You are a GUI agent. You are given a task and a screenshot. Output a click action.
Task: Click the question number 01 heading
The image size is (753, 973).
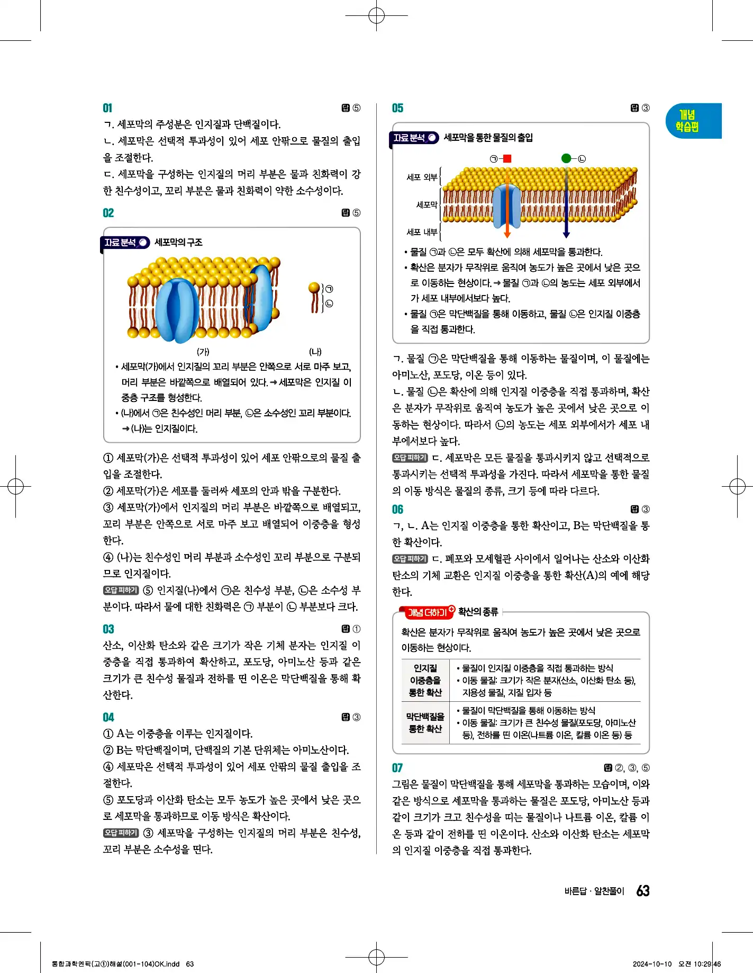pyautogui.click(x=107, y=108)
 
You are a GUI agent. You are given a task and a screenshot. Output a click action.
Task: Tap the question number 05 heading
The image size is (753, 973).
pyautogui.click(x=397, y=108)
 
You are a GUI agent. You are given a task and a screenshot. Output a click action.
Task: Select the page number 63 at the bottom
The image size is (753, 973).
pyautogui.click(x=643, y=891)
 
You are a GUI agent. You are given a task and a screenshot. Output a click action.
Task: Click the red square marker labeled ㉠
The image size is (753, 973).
pyautogui.click(x=507, y=158)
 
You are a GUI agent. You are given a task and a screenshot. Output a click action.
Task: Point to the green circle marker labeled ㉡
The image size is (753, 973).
pyautogui.click(x=566, y=158)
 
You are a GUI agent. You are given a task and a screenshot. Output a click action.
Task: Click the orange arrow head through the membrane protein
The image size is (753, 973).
pyautogui.click(x=507, y=234)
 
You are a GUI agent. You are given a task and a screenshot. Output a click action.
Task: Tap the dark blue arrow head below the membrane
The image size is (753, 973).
pyautogui.click(x=566, y=234)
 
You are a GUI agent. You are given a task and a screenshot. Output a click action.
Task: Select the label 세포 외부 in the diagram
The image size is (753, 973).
pyautogui.click(x=422, y=177)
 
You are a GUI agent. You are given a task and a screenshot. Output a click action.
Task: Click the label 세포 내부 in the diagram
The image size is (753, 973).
pyautogui.click(x=422, y=232)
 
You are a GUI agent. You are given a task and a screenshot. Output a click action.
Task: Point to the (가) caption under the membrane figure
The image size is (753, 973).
pyautogui.click(x=203, y=352)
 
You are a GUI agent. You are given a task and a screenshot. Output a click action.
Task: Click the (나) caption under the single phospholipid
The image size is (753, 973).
pyautogui.click(x=315, y=352)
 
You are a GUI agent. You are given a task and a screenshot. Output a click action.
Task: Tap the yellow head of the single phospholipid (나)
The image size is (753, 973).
pyautogui.click(x=314, y=288)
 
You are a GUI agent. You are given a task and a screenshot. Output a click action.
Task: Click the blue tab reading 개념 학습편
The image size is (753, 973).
pyautogui.click(x=688, y=121)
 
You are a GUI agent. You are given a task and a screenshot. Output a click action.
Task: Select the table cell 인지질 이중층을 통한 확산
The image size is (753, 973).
pyautogui.click(x=425, y=680)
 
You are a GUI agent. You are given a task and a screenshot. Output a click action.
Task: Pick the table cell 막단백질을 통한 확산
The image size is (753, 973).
pyautogui.click(x=425, y=722)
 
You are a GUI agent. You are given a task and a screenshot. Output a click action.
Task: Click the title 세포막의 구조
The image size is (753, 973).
pyautogui.click(x=178, y=243)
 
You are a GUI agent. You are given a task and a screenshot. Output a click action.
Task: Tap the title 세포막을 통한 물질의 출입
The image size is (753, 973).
pyautogui.click(x=488, y=138)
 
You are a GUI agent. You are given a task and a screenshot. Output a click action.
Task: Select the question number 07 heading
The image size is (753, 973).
pyautogui.click(x=397, y=767)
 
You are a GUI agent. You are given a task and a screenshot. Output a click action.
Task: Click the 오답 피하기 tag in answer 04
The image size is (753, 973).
pyautogui.click(x=121, y=833)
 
